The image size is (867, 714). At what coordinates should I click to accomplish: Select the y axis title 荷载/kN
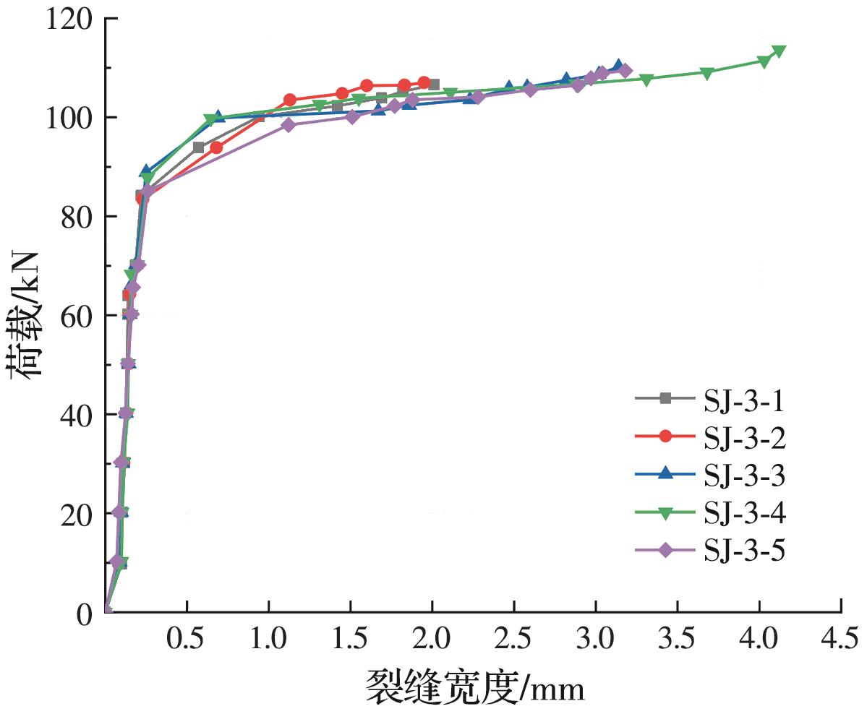26,316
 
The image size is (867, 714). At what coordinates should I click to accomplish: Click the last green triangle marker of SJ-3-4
779,51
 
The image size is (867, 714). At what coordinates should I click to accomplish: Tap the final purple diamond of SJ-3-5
625,71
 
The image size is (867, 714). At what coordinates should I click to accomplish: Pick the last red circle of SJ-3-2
424,83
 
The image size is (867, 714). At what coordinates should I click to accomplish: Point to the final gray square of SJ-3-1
434,85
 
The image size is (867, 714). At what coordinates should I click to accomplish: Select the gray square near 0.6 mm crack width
199,147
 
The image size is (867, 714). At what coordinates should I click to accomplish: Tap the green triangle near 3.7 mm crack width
707,73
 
